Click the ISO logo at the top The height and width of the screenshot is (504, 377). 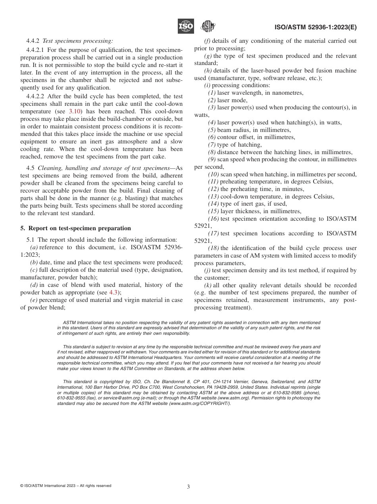point(185,27)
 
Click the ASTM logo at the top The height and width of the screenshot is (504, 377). point(208,27)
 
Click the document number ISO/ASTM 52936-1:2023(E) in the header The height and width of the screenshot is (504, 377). point(315,27)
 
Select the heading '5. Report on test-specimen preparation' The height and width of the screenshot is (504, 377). point(75,228)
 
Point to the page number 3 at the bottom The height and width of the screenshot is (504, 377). point(188,487)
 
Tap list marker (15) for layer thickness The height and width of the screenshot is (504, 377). point(214,211)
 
